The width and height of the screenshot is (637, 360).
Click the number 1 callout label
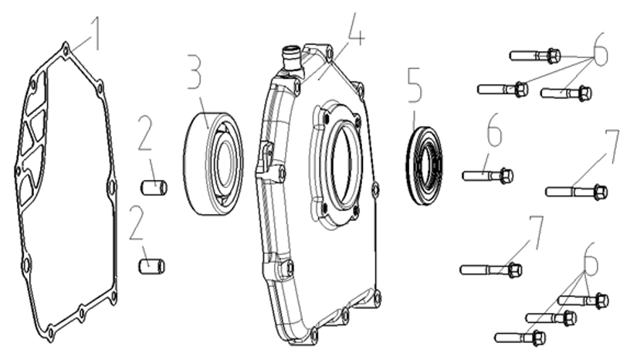tap(96, 34)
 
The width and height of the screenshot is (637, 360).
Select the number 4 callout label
tap(356, 29)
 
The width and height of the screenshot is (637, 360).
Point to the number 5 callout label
tap(415, 85)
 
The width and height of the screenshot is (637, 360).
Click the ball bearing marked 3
tap(213, 163)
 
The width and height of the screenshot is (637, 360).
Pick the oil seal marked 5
tap(425, 166)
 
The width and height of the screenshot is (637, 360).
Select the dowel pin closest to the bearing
tap(154, 188)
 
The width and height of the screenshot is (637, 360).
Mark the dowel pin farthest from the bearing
tap(151, 267)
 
